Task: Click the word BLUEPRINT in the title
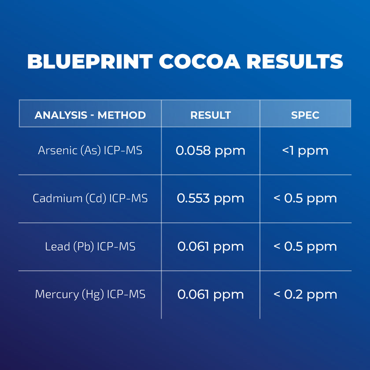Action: pos(90,62)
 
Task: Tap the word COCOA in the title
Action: pos(200,62)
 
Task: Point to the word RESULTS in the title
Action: pos(295,62)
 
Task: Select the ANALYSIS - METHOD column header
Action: pos(90,115)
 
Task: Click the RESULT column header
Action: pos(211,115)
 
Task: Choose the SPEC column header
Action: pos(305,115)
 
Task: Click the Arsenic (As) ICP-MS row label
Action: pos(90,150)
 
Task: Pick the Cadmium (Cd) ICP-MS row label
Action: pos(90,198)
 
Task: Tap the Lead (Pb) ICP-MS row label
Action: pos(90,246)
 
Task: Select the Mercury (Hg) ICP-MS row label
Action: pos(90,294)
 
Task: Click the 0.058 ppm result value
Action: pos(211,151)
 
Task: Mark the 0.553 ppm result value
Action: pos(211,198)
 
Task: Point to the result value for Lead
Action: pos(211,246)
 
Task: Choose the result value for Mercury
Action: pos(211,294)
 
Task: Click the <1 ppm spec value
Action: pos(305,151)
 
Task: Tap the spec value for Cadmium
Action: pos(305,198)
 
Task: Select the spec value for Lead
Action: pos(305,246)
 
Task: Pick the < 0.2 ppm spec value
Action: pos(305,294)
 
